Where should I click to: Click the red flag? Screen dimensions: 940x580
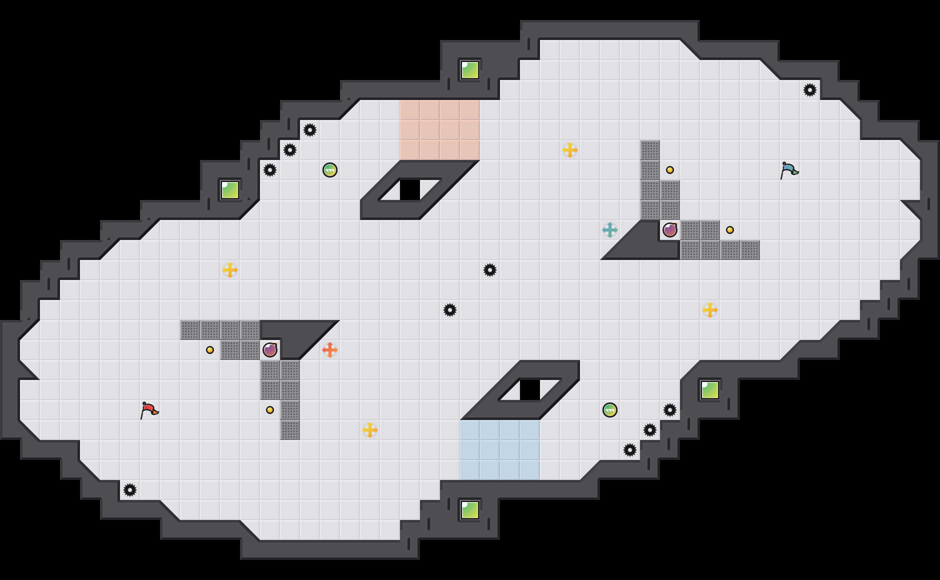point(149,410)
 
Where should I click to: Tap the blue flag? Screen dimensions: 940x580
point(789,170)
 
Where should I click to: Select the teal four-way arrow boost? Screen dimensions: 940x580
point(610,230)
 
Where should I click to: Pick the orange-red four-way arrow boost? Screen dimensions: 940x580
point(330,350)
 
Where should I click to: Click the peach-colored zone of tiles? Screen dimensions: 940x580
point(440,130)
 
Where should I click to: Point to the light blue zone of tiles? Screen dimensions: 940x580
point(500,450)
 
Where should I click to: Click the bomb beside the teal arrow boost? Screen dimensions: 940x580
point(670,230)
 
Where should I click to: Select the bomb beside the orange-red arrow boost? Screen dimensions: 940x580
point(270,350)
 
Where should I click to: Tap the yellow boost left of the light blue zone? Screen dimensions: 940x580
point(370,430)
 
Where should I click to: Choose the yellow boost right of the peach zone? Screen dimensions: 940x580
point(570,150)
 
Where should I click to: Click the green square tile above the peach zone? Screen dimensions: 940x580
point(470,70)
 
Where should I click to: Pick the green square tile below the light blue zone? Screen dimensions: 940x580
point(470,510)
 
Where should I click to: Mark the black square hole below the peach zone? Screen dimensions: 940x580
point(410,190)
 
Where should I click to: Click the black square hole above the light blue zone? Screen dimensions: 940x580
point(530,390)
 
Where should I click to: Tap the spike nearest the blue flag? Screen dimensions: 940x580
point(810,90)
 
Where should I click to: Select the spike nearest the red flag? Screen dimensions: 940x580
point(130,490)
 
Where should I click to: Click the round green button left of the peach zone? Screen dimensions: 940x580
point(330,170)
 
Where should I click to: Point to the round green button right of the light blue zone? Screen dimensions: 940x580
point(610,410)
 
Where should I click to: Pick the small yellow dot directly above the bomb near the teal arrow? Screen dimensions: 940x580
point(670,170)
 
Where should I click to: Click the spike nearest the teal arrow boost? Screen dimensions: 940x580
point(490,270)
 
